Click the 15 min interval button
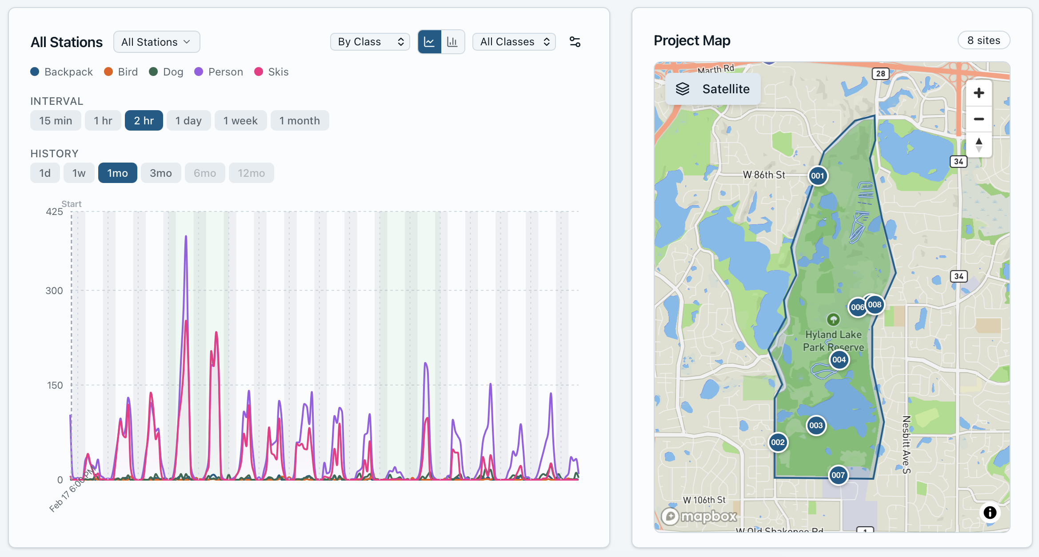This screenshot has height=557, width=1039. (x=56, y=121)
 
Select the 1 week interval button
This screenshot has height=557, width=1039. (x=240, y=121)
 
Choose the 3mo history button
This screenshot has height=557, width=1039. (x=160, y=173)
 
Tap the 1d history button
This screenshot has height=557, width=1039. (x=45, y=173)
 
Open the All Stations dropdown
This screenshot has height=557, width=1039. (x=156, y=42)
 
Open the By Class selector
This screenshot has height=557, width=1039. (x=370, y=42)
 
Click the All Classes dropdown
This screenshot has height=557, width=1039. (x=514, y=42)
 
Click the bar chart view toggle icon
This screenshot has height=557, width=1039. (x=452, y=42)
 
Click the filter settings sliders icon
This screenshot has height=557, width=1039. (x=575, y=42)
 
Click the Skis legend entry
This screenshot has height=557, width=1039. (x=272, y=72)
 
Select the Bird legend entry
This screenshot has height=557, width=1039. (x=121, y=72)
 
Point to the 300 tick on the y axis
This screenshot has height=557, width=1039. (x=54, y=290)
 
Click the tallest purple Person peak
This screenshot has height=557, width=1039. (x=186, y=237)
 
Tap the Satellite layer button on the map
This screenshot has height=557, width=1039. (x=713, y=89)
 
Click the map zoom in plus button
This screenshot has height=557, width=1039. (x=979, y=93)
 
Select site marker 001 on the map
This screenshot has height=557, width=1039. (x=817, y=176)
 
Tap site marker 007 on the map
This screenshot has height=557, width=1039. (x=838, y=475)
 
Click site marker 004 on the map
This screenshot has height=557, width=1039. (x=839, y=360)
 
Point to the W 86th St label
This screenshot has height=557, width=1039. (x=764, y=175)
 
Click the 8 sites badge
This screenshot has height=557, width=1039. (x=983, y=40)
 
